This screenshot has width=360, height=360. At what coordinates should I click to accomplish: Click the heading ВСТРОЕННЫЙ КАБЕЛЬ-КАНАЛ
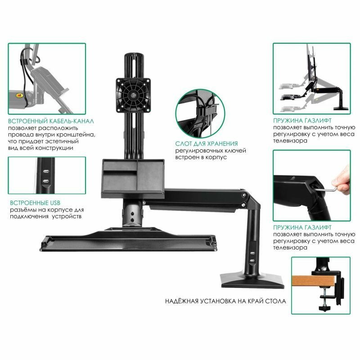tap(51, 121)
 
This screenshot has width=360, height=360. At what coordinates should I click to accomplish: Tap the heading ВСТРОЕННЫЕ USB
tap(35, 203)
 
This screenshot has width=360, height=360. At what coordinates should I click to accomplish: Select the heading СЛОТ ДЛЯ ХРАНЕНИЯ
tap(207, 144)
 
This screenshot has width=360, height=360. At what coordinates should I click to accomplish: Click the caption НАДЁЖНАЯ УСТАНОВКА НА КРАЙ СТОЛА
tap(225, 301)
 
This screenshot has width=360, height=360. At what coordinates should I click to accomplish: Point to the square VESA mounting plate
tap(133, 95)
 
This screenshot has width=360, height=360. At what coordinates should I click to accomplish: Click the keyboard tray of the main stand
tap(129, 240)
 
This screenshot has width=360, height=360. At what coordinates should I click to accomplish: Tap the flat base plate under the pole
tap(252, 280)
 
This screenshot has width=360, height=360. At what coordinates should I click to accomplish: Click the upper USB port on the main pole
tap(252, 253)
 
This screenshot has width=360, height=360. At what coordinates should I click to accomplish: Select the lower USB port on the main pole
tap(252, 261)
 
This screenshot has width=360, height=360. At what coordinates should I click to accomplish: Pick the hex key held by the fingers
tap(329, 188)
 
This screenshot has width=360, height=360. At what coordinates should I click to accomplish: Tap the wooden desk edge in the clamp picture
tap(314, 282)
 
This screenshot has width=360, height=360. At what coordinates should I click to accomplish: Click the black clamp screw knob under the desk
tap(325, 308)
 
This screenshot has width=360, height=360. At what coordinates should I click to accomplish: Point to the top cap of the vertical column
tap(134, 56)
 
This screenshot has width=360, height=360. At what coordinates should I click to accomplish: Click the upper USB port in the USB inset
tap(46, 172)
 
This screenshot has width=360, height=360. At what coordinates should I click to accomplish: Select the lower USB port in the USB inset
tap(46, 181)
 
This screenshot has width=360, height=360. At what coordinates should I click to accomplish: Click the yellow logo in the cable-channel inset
tap(18, 95)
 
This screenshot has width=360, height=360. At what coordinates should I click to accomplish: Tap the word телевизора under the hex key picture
tap(290, 248)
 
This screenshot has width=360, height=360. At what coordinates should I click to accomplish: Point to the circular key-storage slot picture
tap(200, 113)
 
